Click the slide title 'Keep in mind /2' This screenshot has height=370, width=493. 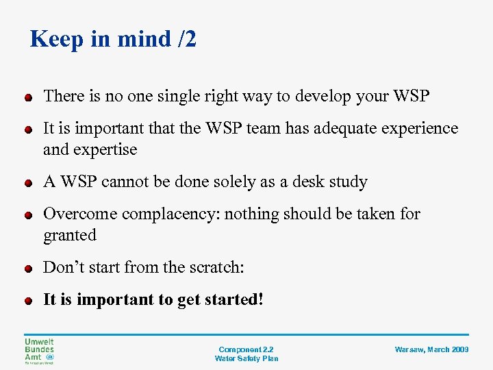[113, 39]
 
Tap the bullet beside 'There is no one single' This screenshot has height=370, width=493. [27, 98]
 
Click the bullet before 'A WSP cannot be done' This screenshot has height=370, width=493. [27, 184]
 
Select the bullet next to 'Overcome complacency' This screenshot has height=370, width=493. [27, 216]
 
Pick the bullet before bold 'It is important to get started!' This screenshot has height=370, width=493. [27, 301]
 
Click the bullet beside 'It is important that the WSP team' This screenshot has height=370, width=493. [27, 130]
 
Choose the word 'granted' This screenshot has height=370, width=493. [70, 235]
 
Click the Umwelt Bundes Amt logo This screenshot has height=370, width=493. [40, 351]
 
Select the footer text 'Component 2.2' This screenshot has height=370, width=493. [246, 349]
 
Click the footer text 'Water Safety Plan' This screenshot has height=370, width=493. [246, 358]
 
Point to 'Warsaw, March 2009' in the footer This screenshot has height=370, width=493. [431, 349]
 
